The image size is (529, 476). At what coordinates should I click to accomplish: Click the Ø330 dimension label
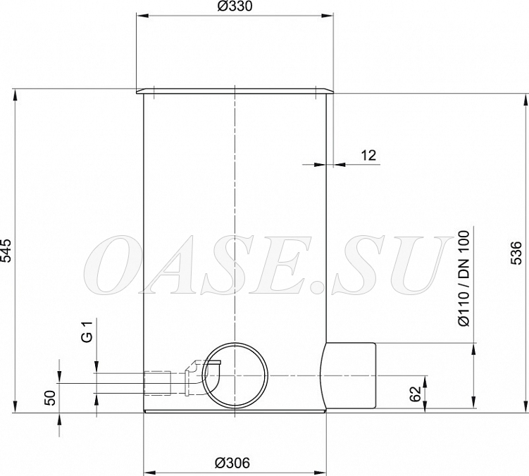tap(235, 6)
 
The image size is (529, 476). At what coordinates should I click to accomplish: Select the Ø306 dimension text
tap(232, 463)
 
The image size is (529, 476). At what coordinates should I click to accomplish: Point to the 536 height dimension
tap(516, 253)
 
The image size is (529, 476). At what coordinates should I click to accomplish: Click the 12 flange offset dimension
tap(368, 156)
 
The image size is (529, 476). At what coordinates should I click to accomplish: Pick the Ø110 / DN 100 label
tap(464, 278)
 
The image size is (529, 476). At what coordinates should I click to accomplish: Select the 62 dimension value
tap(416, 394)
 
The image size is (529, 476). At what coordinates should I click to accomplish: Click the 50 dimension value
tap(50, 397)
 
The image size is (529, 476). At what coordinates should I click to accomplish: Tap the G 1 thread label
tap(87, 332)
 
